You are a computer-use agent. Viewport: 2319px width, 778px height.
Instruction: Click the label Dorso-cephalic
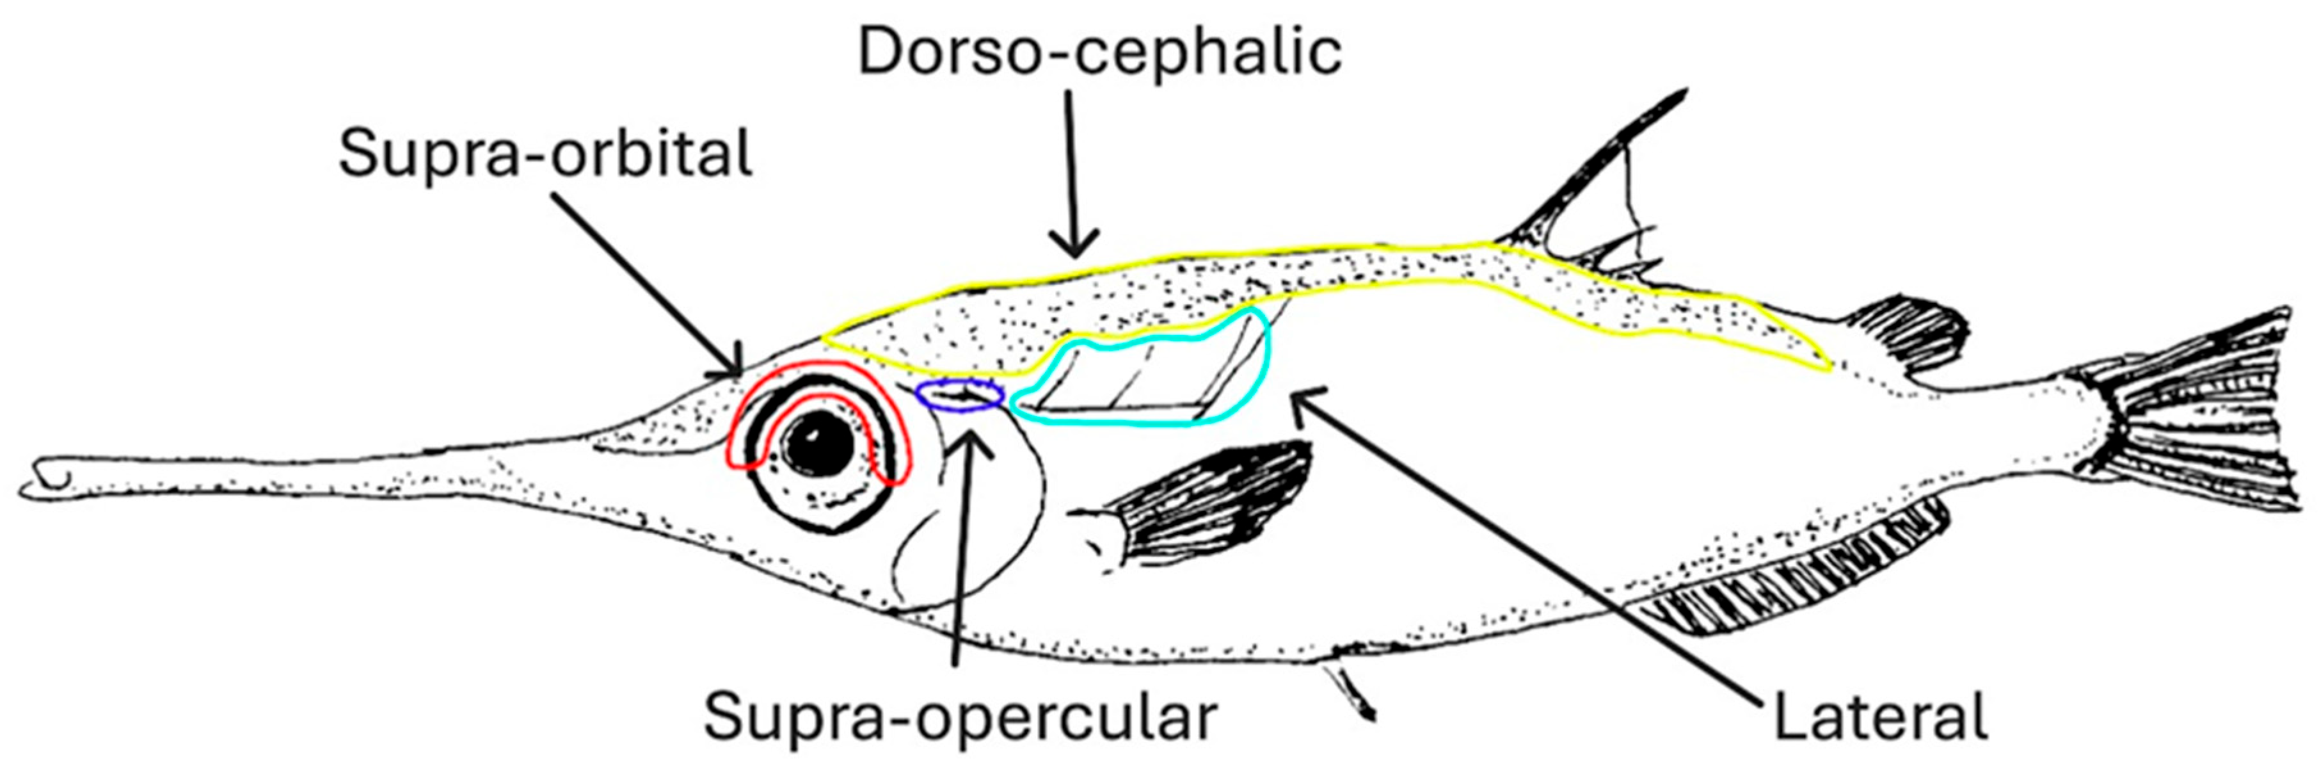[x=1099, y=53]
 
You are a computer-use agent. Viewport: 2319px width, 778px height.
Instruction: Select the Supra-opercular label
[x=960, y=718]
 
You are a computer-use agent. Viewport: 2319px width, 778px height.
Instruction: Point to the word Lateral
[x=1879, y=718]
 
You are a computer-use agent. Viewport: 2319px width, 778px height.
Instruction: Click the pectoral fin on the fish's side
[x=1197, y=505]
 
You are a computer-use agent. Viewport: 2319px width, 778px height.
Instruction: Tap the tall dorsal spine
[x=1584, y=171]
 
